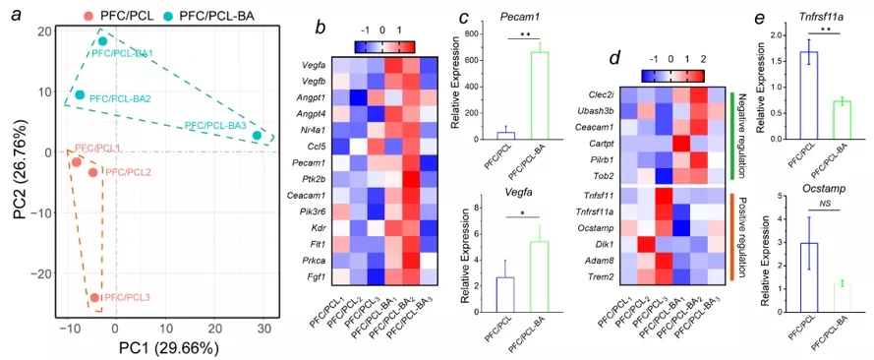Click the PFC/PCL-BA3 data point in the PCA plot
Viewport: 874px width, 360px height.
[257, 136]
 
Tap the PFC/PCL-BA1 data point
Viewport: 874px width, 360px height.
[102, 41]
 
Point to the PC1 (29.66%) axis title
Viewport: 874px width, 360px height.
[161, 348]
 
